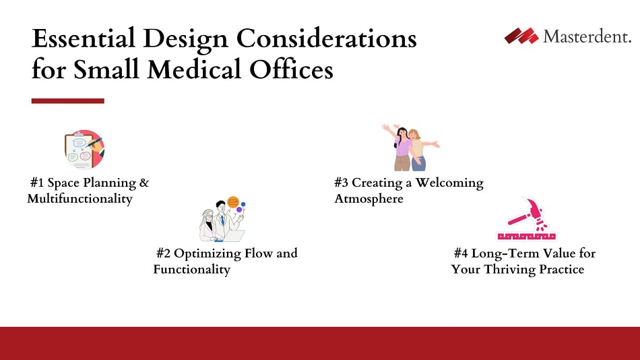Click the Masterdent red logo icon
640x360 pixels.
point(521,36)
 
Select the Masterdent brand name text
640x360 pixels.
point(587,37)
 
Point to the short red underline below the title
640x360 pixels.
point(67,101)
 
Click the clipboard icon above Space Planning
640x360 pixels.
point(84,149)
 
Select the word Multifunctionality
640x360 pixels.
point(79,199)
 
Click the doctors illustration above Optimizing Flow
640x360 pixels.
point(222,220)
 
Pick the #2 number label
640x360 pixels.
point(163,253)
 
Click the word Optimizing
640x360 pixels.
point(205,254)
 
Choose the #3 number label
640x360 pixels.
point(342,183)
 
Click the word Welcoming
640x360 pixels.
point(449,183)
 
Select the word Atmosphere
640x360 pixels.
point(369,199)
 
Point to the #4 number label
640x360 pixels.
point(461,253)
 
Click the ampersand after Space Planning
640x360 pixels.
point(143,183)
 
